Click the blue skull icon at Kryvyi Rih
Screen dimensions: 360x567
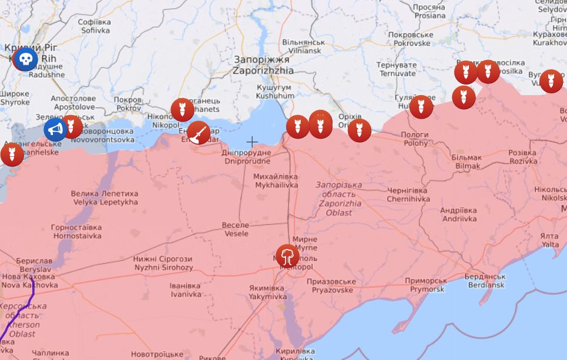(25, 59)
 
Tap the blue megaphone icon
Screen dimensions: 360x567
(55, 129)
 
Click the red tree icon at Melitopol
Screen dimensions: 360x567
(287, 256)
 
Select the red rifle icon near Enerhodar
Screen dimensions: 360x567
(199, 133)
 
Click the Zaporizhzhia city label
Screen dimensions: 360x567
(262, 65)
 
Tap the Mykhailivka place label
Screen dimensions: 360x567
(276, 180)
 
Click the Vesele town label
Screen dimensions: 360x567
(235, 229)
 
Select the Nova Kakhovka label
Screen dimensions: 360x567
(29, 281)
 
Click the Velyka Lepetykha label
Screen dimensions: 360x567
(104, 197)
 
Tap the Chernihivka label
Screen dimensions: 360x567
(407, 194)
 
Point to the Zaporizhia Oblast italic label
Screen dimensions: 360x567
(338, 198)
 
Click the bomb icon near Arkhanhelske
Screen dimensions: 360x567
(12, 154)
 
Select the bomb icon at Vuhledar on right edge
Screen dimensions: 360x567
(551, 81)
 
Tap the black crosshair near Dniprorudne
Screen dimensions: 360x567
(251, 142)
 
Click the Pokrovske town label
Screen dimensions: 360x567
(412, 39)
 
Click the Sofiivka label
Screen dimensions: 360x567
(95, 26)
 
